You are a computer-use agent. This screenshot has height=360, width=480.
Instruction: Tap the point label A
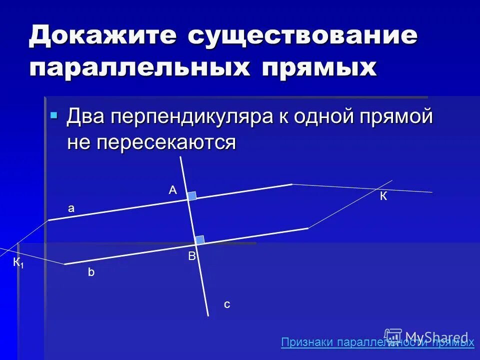[172, 190]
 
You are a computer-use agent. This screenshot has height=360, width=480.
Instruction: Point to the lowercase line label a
[71, 208]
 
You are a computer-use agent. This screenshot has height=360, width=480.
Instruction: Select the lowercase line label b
[91, 272]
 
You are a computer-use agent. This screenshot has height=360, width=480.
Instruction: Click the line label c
[227, 304]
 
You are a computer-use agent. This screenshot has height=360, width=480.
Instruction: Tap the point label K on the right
[383, 196]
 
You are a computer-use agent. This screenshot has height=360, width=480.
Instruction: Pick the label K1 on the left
[18, 262]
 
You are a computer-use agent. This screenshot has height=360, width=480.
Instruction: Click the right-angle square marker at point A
[192, 196]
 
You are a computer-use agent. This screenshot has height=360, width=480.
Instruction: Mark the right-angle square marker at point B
[199, 239]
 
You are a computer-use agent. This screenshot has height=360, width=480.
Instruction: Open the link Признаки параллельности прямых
[377, 342]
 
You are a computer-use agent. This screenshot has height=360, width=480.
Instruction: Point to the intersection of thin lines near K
[376, 189]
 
